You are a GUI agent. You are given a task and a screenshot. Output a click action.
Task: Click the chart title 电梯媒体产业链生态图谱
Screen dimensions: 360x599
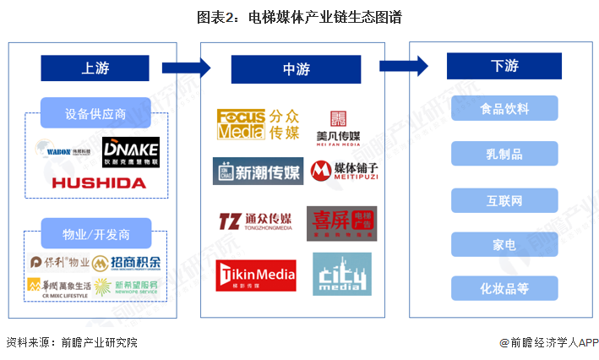[x=299, y=17]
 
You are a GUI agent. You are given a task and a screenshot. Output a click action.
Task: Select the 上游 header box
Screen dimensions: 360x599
[x=95, y=68]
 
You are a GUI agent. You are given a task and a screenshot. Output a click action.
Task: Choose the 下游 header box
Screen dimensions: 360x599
[x=504, y=66]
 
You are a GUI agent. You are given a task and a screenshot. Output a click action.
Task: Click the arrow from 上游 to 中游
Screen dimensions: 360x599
[x=186, y=68]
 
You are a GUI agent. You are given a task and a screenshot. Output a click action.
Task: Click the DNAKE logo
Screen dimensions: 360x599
[x=130, y=152]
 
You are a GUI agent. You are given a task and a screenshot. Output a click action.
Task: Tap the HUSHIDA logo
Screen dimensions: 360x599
[x=98, y=183]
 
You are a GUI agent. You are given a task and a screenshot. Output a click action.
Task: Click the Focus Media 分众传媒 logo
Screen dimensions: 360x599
[x=253, y=124]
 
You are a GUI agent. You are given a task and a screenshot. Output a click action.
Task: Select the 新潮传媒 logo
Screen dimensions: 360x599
[x=257, y=172]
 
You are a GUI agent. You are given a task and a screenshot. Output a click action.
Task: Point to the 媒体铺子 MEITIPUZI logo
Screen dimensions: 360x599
[x=342, y=172]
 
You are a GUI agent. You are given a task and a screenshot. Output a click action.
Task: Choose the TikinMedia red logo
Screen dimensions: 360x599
[x=257, y=275]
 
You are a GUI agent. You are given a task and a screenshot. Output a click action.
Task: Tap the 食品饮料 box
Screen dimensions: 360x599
[x=504, y=109]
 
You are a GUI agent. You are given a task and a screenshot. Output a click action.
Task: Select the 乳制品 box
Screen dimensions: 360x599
[x=504, y=154]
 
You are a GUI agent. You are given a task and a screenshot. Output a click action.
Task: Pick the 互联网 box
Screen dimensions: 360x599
[x=504, y=200]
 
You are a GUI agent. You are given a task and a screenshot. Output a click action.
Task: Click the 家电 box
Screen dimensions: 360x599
[x=504, y=244]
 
